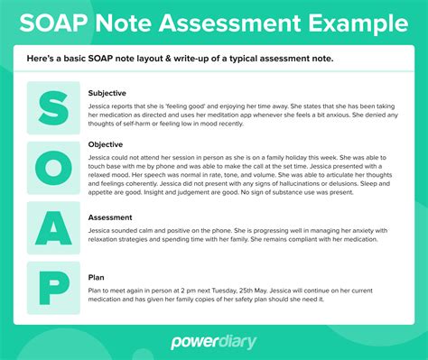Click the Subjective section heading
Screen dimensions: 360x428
107,92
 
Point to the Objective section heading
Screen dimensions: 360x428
106,143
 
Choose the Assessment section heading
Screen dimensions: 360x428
112,217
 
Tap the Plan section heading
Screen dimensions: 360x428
97,278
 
